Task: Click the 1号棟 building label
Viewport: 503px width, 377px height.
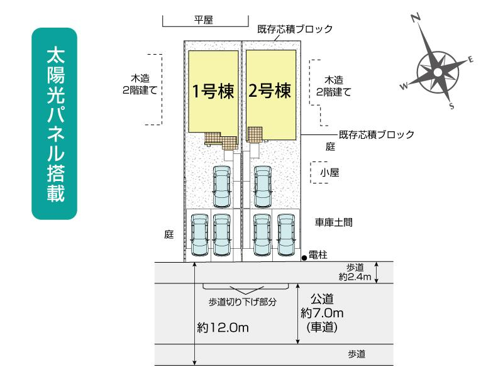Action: (x=213, y=92)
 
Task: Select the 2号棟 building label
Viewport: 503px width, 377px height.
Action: (x=270, y=92)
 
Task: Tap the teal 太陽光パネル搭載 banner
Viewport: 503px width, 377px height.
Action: (x=54, y=124)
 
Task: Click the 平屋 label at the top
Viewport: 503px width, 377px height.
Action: (x=203, y=20)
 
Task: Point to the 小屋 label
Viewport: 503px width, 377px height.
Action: (x=329, y=172)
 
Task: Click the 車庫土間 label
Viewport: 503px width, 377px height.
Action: (x=338, y=222)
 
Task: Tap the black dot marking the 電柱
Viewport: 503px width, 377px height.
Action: (x=304, y=256)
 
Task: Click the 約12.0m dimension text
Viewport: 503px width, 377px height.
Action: (x=223, y=327)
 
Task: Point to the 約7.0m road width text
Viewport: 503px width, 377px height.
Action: (x=324, y=312)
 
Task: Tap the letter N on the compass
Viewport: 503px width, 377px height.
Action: (x=416, y=19)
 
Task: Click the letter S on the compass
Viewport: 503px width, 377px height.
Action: (x=451, y=106)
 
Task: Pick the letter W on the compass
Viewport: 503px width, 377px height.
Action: (x=404, y=86)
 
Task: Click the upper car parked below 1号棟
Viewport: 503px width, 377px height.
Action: (x=222, y=187)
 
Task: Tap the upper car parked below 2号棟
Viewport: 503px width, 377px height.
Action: (x=262, y=187)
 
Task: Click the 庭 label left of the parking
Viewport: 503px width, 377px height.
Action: (x=169, y=234)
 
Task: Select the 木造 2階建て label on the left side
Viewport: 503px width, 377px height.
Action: (x=140, y=85)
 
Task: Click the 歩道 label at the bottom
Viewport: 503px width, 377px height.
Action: (x=357, y=354)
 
